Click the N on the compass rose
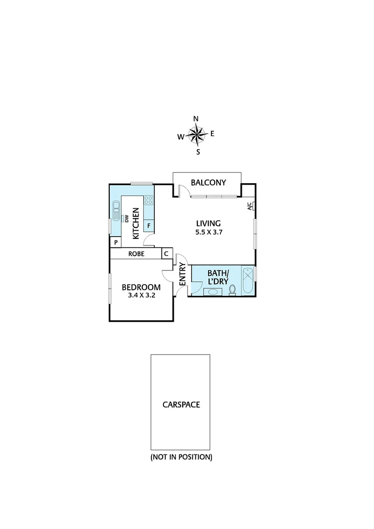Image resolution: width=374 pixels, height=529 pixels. (x=196, y=119)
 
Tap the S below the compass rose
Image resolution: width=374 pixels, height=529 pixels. (x=198, y=152)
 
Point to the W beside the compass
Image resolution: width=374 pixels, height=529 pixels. (x=181, y=137)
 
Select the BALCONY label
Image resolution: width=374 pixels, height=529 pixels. (x=209, y=183)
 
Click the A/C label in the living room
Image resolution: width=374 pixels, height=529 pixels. (x=250, y=206)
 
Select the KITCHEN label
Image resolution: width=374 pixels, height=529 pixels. (x=136, y=223)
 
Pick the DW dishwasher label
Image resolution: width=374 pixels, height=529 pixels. (x=126, y=219)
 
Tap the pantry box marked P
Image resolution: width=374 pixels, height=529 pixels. (x=116, y=242)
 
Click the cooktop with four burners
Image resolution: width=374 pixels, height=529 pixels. (x=149, y=200)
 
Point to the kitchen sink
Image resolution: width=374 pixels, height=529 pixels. (x=117, y=212)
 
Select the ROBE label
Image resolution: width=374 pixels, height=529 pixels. (x=136, y=254)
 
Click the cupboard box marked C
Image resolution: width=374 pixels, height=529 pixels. (x=166, y=254)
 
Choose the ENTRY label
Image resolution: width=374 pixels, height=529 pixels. (x=182, y=274)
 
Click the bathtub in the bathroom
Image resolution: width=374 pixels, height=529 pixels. (x=248, y=281)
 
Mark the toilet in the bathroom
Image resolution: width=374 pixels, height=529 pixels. (x=233, y=290)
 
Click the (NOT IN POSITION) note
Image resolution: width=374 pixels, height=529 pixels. (x=181, y=457)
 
